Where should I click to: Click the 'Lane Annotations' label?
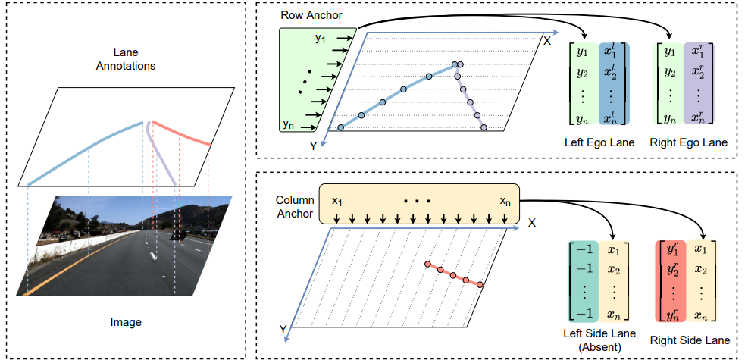(x=125, y=59)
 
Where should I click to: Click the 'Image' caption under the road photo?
(x=125, y=322)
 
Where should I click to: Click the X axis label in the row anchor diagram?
(x=546, y=39)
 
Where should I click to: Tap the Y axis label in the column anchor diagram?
(x=283, y=330)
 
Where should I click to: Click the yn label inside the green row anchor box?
(x=289, y=123)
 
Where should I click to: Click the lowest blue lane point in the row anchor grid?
(x=340, y=127)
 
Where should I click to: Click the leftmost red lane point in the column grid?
(x=427, y=265)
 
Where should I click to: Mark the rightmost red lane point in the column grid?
(x=480, y=284)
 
